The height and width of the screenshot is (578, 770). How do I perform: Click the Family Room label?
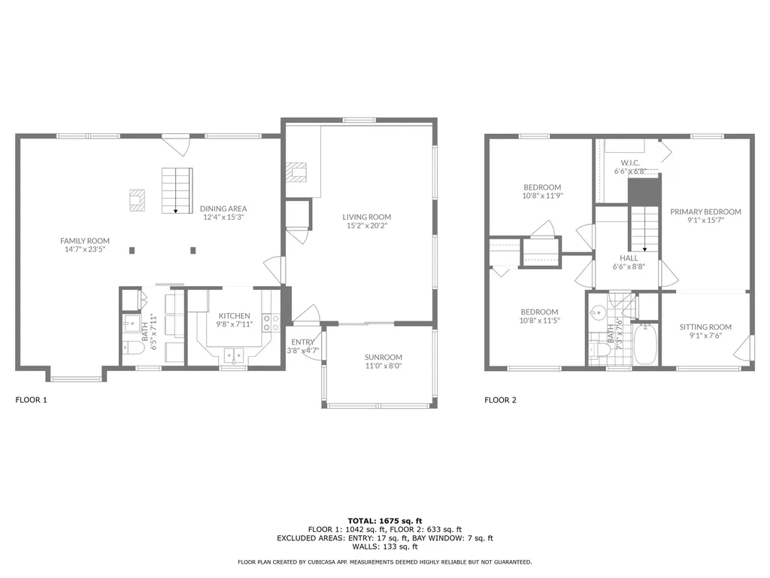point(85,241)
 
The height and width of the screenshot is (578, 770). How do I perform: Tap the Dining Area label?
point(223,208)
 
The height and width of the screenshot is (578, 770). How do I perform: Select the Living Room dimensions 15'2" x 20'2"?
point(367,226)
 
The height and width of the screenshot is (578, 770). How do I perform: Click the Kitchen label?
point(235,315)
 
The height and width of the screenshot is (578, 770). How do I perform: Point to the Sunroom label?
point(383,357)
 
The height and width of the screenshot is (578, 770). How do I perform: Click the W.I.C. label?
point(630,163)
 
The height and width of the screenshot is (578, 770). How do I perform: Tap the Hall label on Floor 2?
point(629,258)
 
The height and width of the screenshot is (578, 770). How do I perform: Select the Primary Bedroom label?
point(705,211)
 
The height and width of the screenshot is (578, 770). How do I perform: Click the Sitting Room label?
point(705,327)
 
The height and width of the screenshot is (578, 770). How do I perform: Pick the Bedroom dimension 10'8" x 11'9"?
point(542,196)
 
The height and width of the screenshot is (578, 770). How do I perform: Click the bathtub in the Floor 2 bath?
point(644,343)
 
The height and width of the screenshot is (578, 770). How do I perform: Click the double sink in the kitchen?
point(234,355)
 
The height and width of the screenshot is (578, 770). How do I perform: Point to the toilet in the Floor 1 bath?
point(133,348)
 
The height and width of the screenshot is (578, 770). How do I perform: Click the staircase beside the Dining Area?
point(177,190)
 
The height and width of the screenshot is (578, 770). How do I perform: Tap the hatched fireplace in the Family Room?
point(137,200)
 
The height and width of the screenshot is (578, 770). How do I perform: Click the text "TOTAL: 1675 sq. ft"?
point(385,521)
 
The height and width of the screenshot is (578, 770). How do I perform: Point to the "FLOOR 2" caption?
point(500,400)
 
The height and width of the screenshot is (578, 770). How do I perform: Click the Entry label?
point(302,342)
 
